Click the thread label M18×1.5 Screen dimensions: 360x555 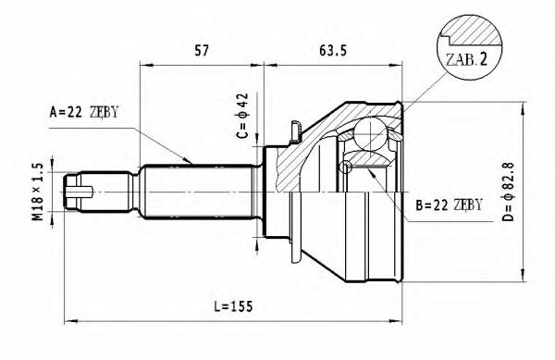[37, 192]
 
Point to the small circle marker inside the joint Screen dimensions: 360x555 [346, 168]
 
